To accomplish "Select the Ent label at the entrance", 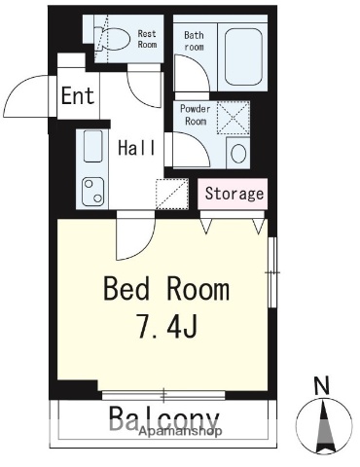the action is tap(78, 95).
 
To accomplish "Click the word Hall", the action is tap(136, 148).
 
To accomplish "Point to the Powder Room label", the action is tap(196, 115).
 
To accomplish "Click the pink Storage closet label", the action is tap(234, 194).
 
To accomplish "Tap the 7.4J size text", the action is tap(167, 326).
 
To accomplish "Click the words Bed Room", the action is tap(166, 288).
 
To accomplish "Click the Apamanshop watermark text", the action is tap(181, 431).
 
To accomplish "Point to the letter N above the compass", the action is tap(322, 385).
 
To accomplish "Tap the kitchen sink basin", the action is tap(93, 146).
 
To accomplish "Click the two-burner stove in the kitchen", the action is tap(93, 192).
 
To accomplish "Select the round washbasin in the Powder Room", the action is tap(238, 153).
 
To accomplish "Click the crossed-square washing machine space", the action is tap(234, 118).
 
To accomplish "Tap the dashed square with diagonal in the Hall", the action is tap(172, 194).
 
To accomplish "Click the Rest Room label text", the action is tap(147, 39).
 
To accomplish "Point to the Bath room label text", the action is tap(194, 41).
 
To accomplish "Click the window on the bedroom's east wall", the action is tap(273, 272).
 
